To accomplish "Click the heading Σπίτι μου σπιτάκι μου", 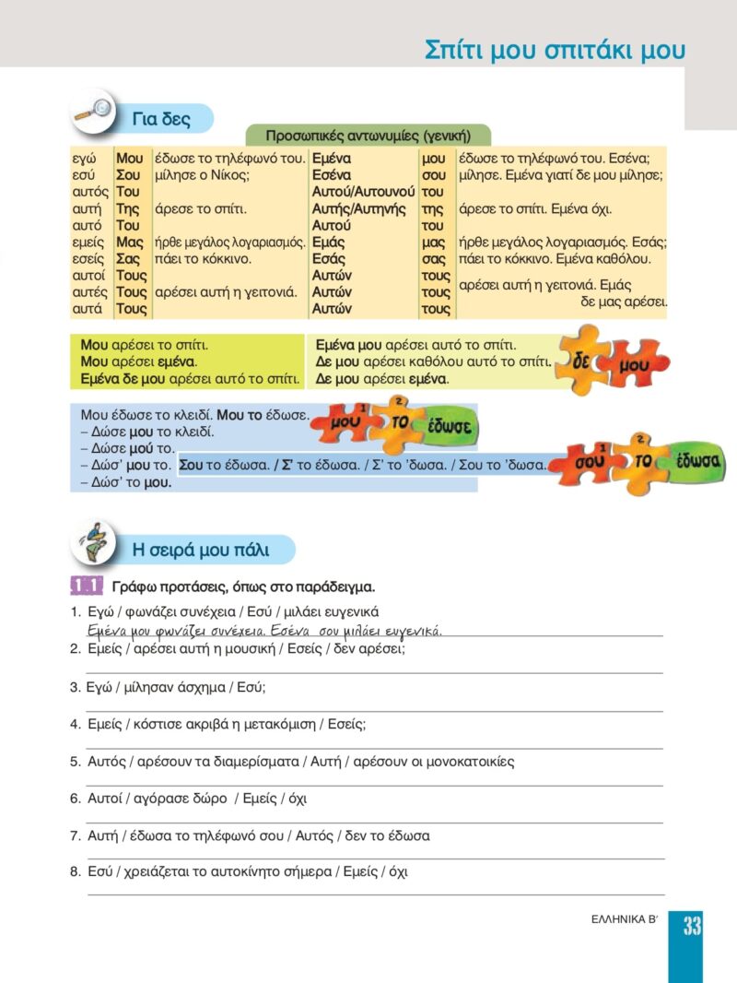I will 555,51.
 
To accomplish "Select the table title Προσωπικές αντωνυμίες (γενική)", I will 368,136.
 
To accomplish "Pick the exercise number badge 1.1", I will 85,586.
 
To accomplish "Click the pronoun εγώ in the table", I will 84,159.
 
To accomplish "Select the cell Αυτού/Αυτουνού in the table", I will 363,192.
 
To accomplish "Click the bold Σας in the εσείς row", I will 128,259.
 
